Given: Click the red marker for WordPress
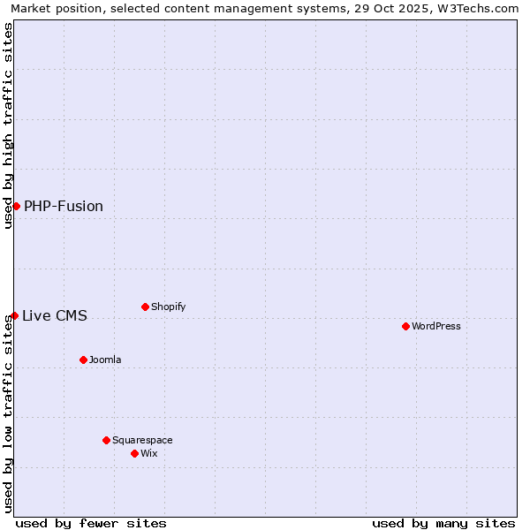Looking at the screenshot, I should pyautogui.click(x=405, y=326).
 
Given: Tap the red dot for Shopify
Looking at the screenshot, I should pyautogui.click(x=145, y=307).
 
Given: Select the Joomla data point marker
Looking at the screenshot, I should pyautogui.click(x=83, y=360).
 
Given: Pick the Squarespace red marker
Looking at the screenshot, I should pyautogui.click(x=106, y=440).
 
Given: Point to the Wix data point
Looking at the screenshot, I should pyautogui.click(x=134, y=453).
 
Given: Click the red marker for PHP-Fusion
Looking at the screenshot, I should pyautogui.click(x=16, y=206).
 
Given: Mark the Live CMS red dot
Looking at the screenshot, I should pyautogui.click(x=14, y=315).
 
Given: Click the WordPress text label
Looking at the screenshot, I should pyautogui.click(x=436, y=326).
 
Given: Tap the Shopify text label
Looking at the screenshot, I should pyautogui.click(x=169, y=307).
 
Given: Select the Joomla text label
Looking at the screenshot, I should pyautogui.click(x=105, y=360).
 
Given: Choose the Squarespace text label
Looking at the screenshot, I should pyautogui.click(x=142, y=440).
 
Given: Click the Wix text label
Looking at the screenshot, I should pyautogui.click(x=149, y=453).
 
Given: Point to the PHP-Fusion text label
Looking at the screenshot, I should pyautogui.click(x=64, y=207).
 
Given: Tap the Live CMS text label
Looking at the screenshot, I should pyautogui.click(x=55, y=316).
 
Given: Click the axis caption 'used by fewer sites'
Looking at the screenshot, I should pyautogui.click(x=91, y=523).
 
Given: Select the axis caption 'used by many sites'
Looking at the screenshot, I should pyautogui.click(x=443, y=523).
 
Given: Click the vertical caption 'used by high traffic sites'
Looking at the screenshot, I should pyautogui.click(x=8, y=125).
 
